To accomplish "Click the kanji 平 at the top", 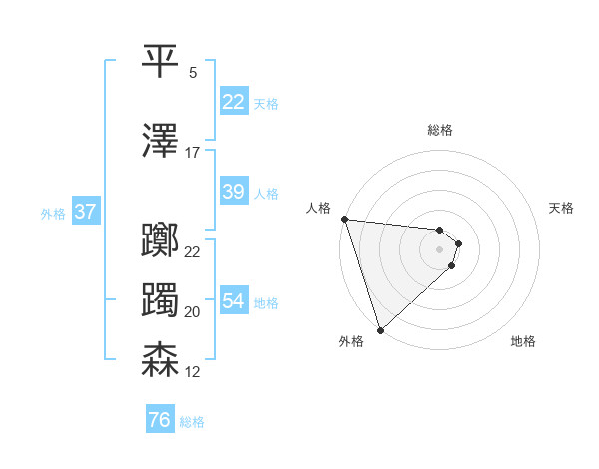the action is click(160, 62).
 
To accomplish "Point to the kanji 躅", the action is click(160, 299).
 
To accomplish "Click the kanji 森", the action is click(160, 359).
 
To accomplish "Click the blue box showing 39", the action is click(233, 192).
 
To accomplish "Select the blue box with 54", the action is click(233, 301).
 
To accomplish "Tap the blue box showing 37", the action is click(85, 212).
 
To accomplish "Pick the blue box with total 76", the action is click(159, 420).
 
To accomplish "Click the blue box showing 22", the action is click(233, 102).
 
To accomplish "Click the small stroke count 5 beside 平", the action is click(192, 73).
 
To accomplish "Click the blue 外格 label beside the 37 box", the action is click(52, 213).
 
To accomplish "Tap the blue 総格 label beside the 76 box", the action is click(192, 422).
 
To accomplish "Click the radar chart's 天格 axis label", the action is click(562, 208).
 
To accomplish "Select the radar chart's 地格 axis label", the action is click(523, 341).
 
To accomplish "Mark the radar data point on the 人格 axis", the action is click(343, 219).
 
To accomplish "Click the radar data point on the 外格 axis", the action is click(380, 329).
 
